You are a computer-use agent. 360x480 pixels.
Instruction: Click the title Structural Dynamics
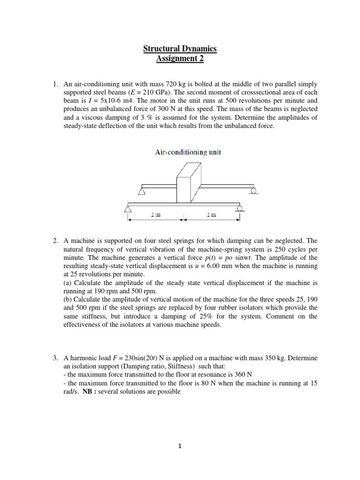[x=180, y=49]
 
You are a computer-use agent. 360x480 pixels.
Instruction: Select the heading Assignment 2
[x=180, y=59]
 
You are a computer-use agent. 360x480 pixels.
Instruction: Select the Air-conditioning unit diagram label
[x=181, y=152]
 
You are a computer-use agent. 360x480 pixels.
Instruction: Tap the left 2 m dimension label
[x=156, y=215]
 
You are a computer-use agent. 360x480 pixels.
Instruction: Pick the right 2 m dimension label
[x=212, y=215]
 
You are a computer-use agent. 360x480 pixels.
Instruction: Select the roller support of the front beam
[x=240, y=208]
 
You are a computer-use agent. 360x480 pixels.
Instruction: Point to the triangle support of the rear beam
[x=142, y=190]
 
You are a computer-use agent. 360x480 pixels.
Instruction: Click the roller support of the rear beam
[x=254, y=190]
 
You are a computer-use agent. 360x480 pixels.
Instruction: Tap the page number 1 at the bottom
[x=180, y=446]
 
